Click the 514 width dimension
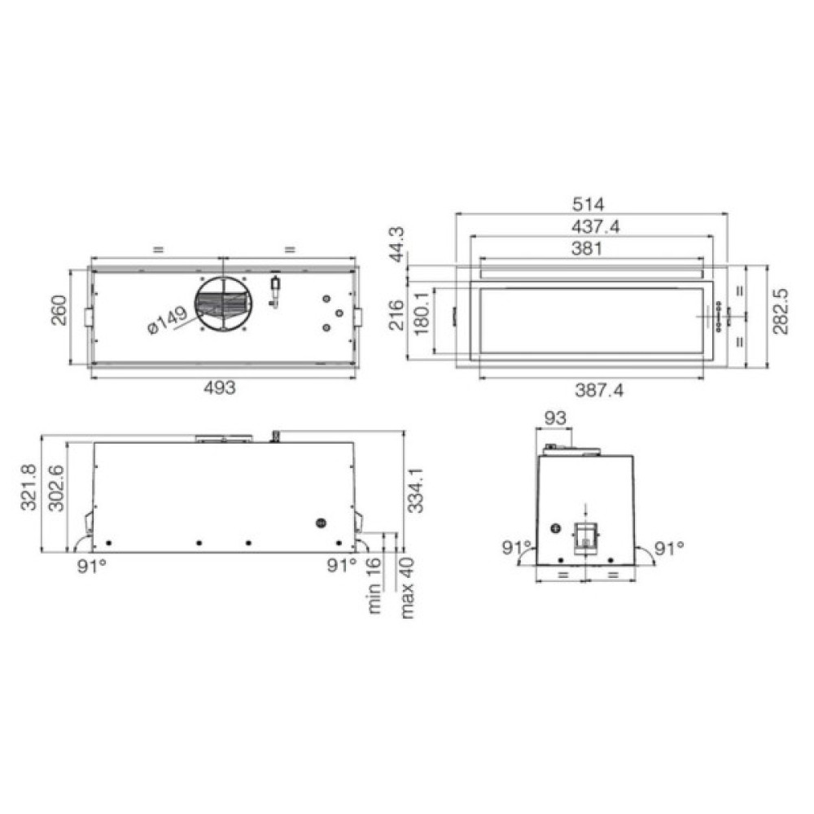pyautogui.click(x=589, y=204)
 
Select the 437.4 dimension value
pyautogui.click(x=595, y=227)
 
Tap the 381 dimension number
pyautogui.click(x=587, y=248)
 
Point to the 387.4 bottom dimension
pyautogui.click(x=599, y=390)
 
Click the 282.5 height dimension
pyautogui.click(x=780, y=312)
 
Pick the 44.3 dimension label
pyautogui.click(x=397, y=244)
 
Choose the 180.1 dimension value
pyautogui.click(x=421, y=313)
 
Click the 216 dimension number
pyautogui.click(x=396, y=315)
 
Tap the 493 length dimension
pyautogui.click(x=219, y=387)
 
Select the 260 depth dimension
pyautogui.click(x=59, y=310)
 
